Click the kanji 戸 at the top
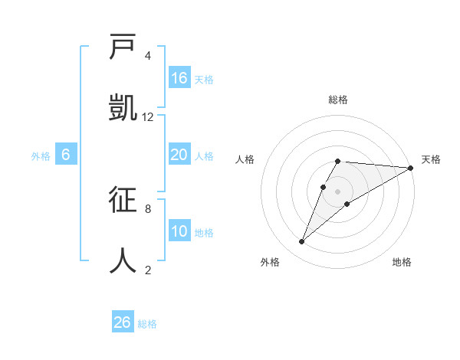(x=123, y=48)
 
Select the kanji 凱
(x=123, y=109)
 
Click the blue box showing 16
(x=179, y=78)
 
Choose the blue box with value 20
(x=179, y=155)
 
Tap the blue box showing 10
(x=179, y=231)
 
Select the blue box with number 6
(x=66, y=155)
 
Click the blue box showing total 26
(x=123, y=322)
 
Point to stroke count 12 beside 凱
(x=148, y=116)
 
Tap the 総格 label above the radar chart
(x=338, y=100)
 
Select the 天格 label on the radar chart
(x=431, y=159)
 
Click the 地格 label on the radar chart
(x=402, y=262)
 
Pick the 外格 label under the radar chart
(x=270, y=262)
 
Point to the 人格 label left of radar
(x=245, y=159)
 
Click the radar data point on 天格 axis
(x=410, y=168)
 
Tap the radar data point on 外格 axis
(x=301, y=242)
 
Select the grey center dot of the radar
(x=338, y=191)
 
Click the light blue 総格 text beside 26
(x=147, y=324)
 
